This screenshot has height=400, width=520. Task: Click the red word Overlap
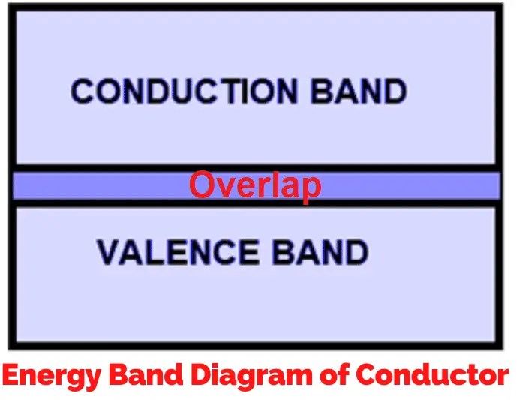click(x=255, y=185)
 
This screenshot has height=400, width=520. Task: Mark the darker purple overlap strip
click(x=98, y=185)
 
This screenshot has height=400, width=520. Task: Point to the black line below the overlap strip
click(x=98, y=203)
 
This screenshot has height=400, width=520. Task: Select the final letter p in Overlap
click(x=311, y=188)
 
